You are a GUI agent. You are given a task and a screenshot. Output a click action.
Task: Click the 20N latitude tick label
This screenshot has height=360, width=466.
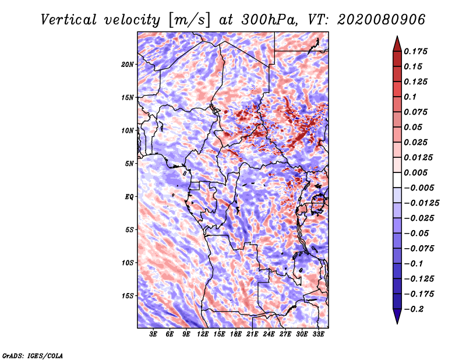128,64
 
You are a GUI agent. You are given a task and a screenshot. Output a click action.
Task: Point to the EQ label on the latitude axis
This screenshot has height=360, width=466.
130,196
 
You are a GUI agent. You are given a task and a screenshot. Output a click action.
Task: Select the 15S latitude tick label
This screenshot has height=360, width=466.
128,295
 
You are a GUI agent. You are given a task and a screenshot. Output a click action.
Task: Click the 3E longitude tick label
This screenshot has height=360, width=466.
154,334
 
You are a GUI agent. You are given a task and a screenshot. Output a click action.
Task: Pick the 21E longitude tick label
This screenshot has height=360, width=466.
252,334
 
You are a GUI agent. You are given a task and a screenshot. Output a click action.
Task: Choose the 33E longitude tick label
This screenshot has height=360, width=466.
318,334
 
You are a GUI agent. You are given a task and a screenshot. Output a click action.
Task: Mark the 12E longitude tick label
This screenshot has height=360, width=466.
203,334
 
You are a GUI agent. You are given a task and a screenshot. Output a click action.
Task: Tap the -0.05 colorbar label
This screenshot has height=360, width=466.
416,233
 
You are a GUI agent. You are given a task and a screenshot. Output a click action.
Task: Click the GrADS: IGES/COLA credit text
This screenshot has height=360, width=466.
32,355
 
